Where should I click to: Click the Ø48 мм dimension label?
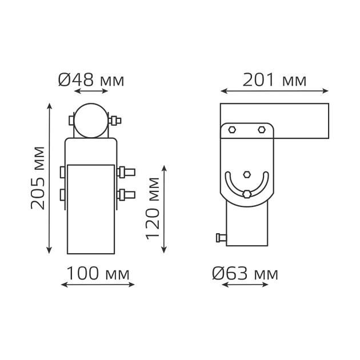[x=91, y=80]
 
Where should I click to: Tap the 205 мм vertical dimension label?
[x=38, y=178]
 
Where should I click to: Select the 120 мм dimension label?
[x=153, y=208]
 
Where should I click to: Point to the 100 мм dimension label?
[x=98, y=274]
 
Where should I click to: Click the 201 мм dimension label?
[x=274, y=80]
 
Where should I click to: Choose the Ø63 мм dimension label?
[x=245, y=274]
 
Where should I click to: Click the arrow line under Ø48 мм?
[x=91, y=91]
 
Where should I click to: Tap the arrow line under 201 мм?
[x=274, y=91]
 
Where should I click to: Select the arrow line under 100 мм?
[x=98, y=285]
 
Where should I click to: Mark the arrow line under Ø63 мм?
[x=245, y=285]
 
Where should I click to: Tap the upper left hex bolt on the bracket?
[x=232, y=130]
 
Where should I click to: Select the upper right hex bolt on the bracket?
[x=261, y=130]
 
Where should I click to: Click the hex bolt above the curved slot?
[x=247, y=174]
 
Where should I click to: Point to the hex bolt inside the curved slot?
[x=247, y=194]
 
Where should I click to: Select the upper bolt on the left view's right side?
[x=126, y=171]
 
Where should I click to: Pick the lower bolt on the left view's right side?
[x=126, y=194]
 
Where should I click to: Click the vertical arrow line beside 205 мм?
[x=50, y=178]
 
